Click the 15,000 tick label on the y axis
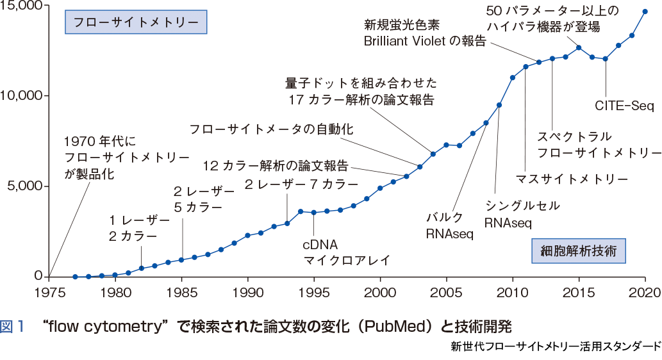pyautogui.click(x=22, y=6)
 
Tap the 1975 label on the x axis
pyautogui.click(x=49, y=289)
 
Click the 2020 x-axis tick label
pyautogui.click(x=645, y=289)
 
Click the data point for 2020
pyautogui.click(x=645, y=11)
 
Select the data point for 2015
pyautogui.click(x=579, y=47)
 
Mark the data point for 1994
pyautogui.click(x=301, y=211)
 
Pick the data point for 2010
pyautogui.click(x=513, y=78)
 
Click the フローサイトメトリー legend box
pyautogui.click(x=135, y=22)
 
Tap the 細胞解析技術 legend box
pyautogui.click(x=578, y=250)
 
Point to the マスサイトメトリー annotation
pyautogui.click(x=572, y=179)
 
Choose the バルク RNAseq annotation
pyautogui.click(x=449, y=225)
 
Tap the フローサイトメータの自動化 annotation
pyautogui.click(x=271, y=129)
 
